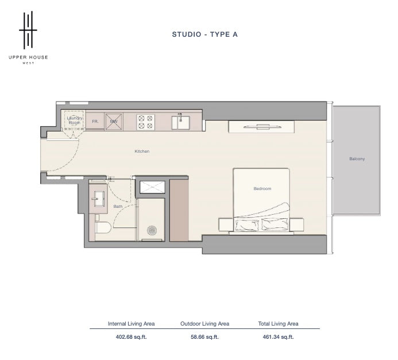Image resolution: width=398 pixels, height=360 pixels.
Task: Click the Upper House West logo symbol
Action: point(28,30)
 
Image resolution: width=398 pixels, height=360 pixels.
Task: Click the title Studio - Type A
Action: point(205,34)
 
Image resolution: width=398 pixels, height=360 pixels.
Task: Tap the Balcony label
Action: point(357,159)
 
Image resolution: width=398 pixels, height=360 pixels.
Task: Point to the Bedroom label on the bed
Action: point(262,188)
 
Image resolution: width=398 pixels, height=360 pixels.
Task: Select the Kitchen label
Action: point(142,151)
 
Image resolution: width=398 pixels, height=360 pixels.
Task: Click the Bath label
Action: point(118,206)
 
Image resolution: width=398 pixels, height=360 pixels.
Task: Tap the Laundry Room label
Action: point(74,120)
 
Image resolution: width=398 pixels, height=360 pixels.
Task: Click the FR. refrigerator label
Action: point(95,122)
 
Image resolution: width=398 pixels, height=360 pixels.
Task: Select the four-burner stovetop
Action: point(146,122)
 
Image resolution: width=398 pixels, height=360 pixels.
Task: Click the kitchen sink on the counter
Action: point(180,122)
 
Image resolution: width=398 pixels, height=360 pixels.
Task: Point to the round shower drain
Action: point(152,230)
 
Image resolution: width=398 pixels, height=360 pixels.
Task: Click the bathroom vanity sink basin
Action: point(98,199)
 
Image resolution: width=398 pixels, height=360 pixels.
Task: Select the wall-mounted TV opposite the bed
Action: point(262,126)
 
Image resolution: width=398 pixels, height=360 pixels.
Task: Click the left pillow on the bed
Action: point(247,224)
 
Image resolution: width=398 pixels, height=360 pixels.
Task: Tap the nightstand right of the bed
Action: point(296,224)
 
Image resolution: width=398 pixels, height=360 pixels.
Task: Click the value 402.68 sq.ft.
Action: point(131,337)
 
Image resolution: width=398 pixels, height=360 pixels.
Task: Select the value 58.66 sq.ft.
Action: point(204,337)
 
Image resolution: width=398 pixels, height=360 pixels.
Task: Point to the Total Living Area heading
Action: point(278,324)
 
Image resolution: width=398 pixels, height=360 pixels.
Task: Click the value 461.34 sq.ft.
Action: point(278,337)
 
